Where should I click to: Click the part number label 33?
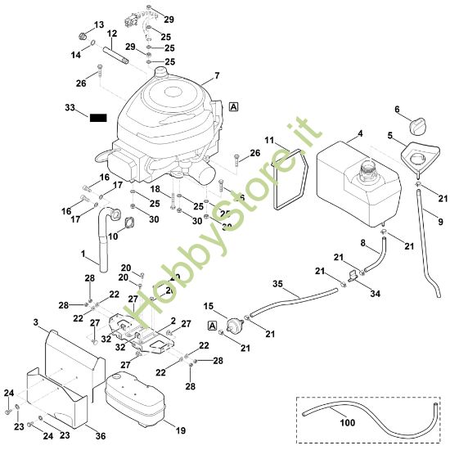point(70,107)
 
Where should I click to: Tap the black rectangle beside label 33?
point(99,118)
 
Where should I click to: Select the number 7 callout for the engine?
point(217,76)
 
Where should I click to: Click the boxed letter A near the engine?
point(234,106)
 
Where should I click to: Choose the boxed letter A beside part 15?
point(213,325)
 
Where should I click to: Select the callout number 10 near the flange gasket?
point(114,237)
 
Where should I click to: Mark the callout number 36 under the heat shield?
point(100,435)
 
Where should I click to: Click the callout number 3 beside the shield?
point(36,323)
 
